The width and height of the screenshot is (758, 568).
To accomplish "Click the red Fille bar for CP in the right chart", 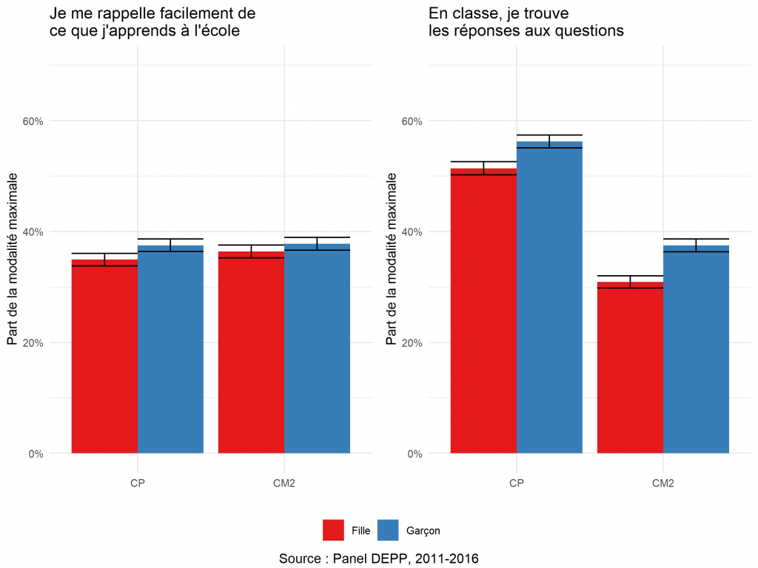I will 483,311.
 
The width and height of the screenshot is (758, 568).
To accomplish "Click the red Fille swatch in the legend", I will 333,530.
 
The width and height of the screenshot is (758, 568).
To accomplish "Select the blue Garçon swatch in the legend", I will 388,530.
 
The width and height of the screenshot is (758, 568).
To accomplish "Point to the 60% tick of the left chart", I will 36,121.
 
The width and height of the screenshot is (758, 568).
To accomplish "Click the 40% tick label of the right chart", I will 415,232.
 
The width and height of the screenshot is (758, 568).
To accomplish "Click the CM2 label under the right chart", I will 663,484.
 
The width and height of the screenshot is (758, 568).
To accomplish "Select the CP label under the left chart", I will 137,484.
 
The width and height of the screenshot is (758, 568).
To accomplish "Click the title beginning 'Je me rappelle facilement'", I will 152,22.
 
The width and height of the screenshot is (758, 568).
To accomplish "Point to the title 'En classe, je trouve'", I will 526,22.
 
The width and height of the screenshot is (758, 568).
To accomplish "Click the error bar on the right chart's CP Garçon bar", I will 549,141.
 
